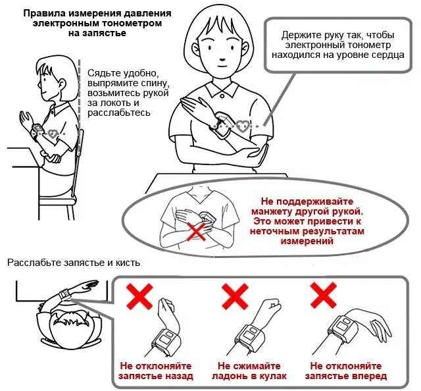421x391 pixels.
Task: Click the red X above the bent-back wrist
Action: click(139, 297)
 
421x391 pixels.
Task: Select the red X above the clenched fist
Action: click(235, 297)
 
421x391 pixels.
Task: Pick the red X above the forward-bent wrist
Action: click(323, 296)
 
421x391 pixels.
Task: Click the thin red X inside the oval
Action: click(196, 231)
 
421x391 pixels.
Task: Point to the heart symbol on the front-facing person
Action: click(243, 126)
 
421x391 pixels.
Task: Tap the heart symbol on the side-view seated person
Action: click(53, 134)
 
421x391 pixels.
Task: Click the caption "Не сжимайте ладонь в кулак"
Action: click(249, 371)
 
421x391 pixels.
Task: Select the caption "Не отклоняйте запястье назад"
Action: click(156, 371)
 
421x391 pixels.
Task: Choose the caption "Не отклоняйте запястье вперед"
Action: click(346, 371)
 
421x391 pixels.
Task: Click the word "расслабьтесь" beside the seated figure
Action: click(119, 113)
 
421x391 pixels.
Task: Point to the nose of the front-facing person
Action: click(222, 59)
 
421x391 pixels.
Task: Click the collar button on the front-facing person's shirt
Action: click(222, 95)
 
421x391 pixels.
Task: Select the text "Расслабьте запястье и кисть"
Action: click(74, 263)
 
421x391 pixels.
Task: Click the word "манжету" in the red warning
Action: click(270, 211)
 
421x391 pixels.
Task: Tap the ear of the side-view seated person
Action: click(62, 84)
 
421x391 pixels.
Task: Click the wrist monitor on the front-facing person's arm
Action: click(222, 124)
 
